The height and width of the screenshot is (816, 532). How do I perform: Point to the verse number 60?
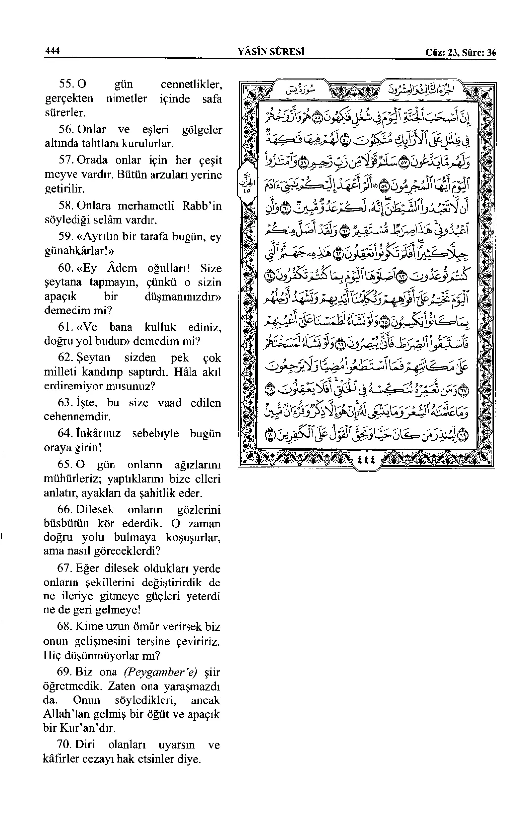coord(65,268)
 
